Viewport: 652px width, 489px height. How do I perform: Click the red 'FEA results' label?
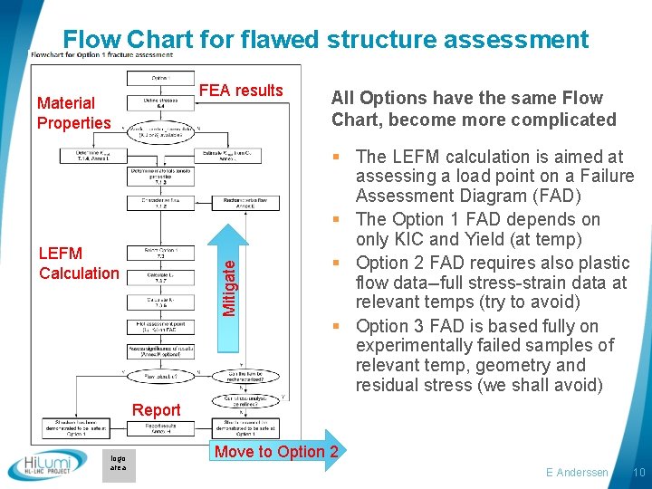click(240, 90)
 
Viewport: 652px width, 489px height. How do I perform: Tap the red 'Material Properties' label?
click(73, 113)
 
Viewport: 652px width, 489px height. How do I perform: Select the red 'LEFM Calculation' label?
click(79, 264)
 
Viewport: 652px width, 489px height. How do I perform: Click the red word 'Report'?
click(157, 410)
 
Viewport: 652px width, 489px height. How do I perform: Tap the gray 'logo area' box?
click(119, 463)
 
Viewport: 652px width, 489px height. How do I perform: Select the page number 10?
click(638, 473)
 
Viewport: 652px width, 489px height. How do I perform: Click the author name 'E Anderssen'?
click(577, 473)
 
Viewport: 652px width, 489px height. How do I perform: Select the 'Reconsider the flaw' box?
click(244, 202)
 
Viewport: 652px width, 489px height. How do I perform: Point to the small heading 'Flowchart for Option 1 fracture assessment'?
click(101, 54)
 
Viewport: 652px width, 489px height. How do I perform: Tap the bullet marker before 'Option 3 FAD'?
click(346, 325)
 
